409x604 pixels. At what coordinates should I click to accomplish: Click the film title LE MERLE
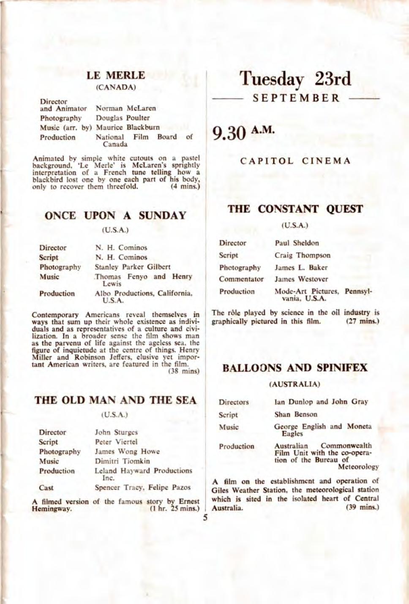click(116, 76)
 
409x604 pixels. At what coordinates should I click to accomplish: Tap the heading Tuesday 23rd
click(295, 79)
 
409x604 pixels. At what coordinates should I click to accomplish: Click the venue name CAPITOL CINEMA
click(295, 161)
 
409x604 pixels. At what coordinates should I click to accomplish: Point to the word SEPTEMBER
click(296, 98)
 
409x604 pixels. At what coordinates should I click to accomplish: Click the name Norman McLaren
click(125, 109)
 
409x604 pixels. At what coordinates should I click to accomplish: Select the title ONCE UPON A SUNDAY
click(115, 215)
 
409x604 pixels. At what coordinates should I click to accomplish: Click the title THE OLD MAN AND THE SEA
click(115, 400)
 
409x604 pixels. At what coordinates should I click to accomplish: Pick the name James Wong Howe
click(127, 452)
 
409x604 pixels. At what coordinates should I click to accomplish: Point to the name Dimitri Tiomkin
click(122, 461)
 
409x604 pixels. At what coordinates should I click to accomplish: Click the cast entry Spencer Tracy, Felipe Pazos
click(142, 487)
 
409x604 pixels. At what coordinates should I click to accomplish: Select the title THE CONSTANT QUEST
click(295, 209)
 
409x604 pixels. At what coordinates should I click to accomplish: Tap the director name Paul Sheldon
click(297, 243)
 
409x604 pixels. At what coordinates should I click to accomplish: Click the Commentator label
click(241, 279)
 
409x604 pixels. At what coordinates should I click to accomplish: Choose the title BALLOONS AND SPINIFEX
click(295, 367)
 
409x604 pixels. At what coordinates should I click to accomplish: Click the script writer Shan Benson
click(295, 414)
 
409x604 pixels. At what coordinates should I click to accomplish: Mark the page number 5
click(205, 518)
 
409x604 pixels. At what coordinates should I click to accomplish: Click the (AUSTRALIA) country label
click(294, 384)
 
